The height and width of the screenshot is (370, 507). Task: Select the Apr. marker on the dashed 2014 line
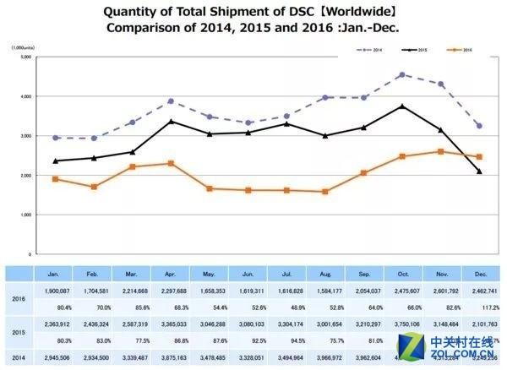[x=172, y=101]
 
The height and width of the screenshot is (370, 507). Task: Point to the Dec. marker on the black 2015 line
[x=479, y=171]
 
